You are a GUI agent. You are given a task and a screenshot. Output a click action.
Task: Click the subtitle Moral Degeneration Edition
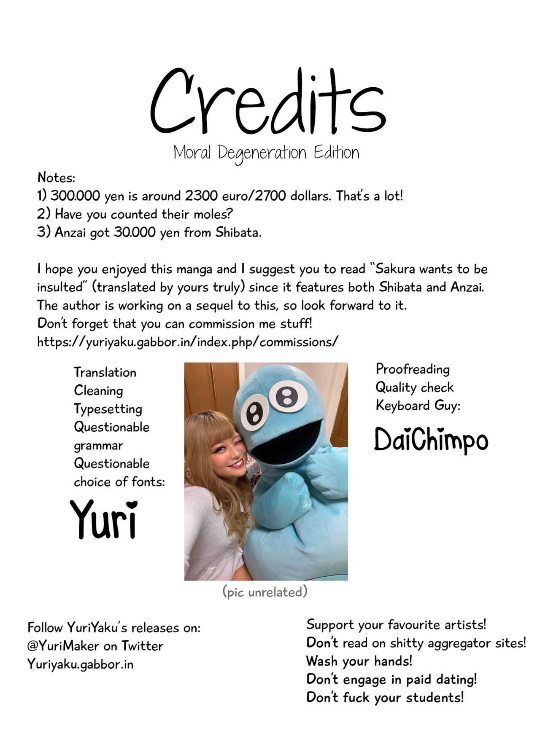(x=266, y=153)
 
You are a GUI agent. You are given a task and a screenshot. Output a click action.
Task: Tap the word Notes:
(x=56, y=177)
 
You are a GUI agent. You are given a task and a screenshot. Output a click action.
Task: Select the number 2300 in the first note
(x=201, y=196)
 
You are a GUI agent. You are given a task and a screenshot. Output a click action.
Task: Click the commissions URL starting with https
(x=187, y=341)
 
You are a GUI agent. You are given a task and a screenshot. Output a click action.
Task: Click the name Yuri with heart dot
(x=104, y=519)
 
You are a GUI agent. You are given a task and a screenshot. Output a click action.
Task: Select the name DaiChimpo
(x=431, y=440)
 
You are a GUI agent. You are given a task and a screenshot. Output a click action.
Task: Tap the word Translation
(x=105, y=372)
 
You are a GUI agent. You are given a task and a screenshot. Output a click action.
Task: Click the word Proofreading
(x=413, y=369)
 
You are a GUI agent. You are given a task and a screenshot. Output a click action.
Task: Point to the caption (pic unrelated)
(x=265, y=592)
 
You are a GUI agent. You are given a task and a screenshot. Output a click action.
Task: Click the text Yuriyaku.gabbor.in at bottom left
(x=80, y=664)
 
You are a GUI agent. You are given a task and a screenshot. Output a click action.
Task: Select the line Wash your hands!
(x=359, y=661)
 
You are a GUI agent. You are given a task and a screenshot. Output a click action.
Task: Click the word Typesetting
(x=108, y=409)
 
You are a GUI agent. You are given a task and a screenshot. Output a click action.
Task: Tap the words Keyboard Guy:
(x=418, y=406)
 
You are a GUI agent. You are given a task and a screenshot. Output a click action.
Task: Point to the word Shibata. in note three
(x=238, y=232)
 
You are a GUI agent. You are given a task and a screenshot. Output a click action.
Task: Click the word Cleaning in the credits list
(x=98, y=390)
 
